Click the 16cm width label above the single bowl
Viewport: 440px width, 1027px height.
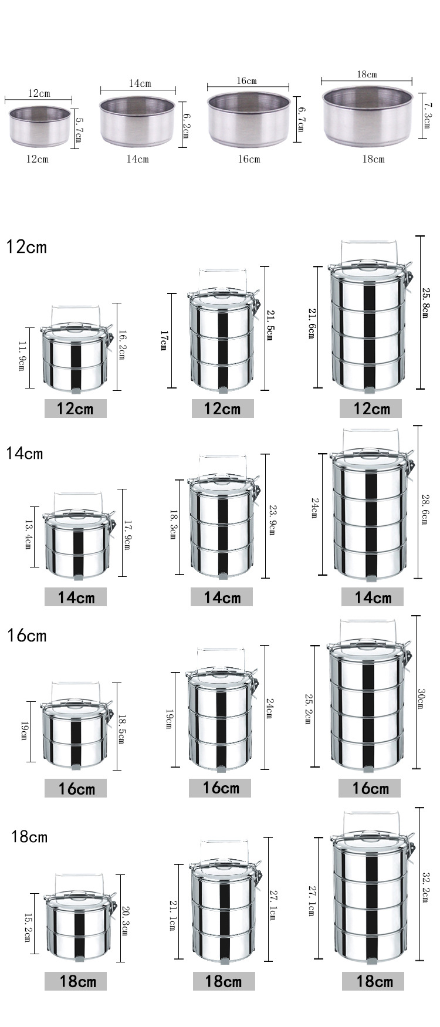(247, 80)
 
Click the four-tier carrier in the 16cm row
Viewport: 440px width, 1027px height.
(367, 707)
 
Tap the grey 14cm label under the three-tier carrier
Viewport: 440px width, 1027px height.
(222, 597)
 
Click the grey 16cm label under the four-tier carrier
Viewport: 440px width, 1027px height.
(370, 788)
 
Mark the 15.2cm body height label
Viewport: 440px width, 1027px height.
(27, 927)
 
